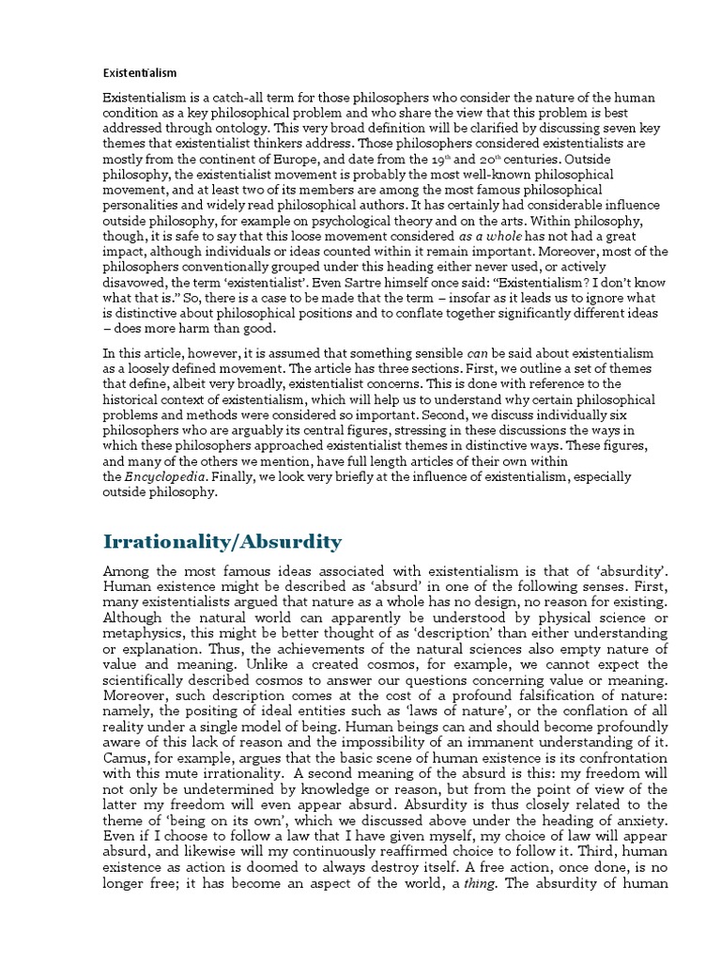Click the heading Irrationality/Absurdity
click(222, 541)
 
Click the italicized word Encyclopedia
click(163, 477)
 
